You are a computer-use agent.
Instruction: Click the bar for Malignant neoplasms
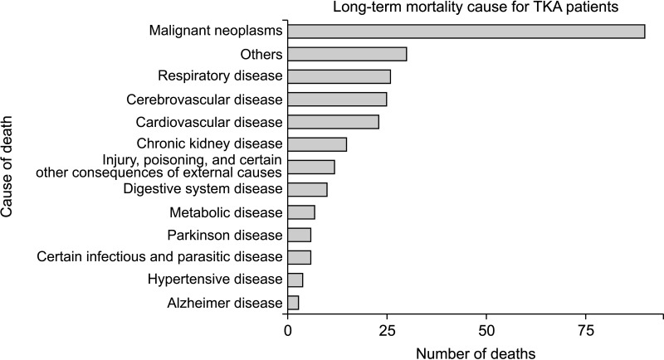(466, 32)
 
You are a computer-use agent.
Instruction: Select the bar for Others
(347, 54)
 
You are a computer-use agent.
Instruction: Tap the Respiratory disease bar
(339, 76)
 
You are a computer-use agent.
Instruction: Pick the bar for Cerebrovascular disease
(337, 100)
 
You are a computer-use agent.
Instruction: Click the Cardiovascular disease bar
(334, 122)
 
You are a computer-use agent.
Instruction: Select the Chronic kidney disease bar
(317, 144)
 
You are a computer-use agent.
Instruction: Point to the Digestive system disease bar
(307, 189)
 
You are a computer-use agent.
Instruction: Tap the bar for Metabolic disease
(301, 212)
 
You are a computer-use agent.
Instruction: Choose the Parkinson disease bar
(300, 235)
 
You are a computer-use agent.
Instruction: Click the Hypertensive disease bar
(295, 280)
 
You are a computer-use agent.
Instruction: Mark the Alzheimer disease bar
(293, 303)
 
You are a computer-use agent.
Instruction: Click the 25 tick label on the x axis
(387, 330)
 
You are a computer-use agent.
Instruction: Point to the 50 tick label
(486, 330)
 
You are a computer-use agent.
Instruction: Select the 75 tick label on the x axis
(586, 330)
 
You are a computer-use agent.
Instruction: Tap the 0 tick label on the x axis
(288, 330)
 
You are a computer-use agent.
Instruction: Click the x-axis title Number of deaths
(476, 353)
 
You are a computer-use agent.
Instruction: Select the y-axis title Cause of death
(7, 167)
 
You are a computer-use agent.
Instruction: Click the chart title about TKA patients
(476, 7)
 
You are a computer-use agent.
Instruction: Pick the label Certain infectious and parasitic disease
(159, 257)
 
